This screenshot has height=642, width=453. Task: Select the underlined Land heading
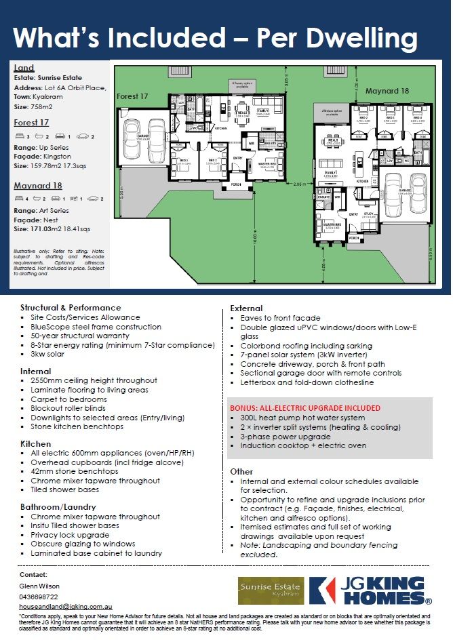[x=24, y=68]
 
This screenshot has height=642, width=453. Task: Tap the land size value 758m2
[x=39, y=106]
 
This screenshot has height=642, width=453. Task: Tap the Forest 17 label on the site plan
[x=132, y=96]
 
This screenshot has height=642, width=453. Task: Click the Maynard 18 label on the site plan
[x=387, y=90]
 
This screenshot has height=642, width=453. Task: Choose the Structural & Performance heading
[x=71, y=307]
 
